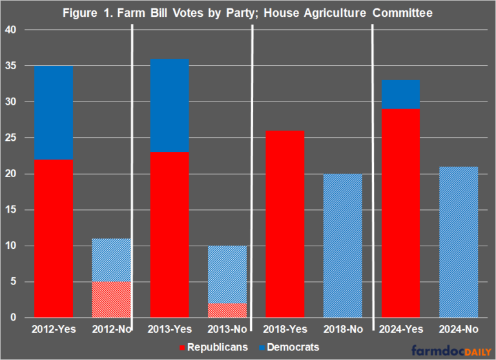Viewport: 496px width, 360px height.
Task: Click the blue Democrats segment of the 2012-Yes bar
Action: [54, 112]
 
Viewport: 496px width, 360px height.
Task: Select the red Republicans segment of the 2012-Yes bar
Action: [54, 238]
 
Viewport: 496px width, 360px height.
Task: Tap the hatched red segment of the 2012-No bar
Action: [110, 299]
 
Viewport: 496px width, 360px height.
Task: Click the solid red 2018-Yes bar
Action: [284, 224]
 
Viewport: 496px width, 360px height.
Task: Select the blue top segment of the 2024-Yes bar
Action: [400, 94]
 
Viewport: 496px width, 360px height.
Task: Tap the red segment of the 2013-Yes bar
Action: [169, 235]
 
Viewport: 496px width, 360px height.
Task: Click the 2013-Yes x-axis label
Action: [169, 329]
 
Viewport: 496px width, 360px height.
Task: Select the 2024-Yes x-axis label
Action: [400, 329]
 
